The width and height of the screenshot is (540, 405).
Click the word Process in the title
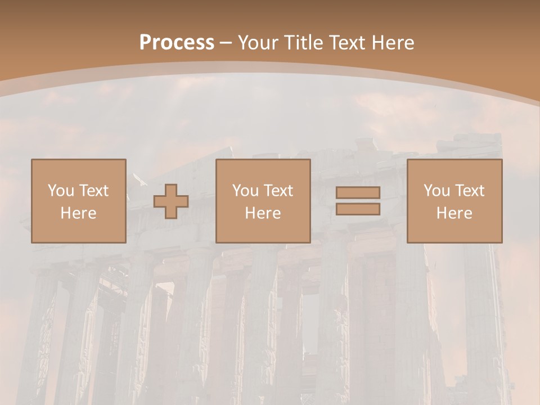coord(177,43)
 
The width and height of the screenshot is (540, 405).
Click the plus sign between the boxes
coord(171,201)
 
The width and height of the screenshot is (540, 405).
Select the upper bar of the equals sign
coord(358,192)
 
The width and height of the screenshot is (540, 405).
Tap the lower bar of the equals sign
coord(358,209)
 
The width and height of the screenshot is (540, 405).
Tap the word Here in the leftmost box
coord(78,213)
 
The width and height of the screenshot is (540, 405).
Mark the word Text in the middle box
coord(278,191)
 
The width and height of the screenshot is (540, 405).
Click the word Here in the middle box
coord(263,213)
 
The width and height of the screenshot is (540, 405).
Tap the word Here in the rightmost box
coord(454,213)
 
